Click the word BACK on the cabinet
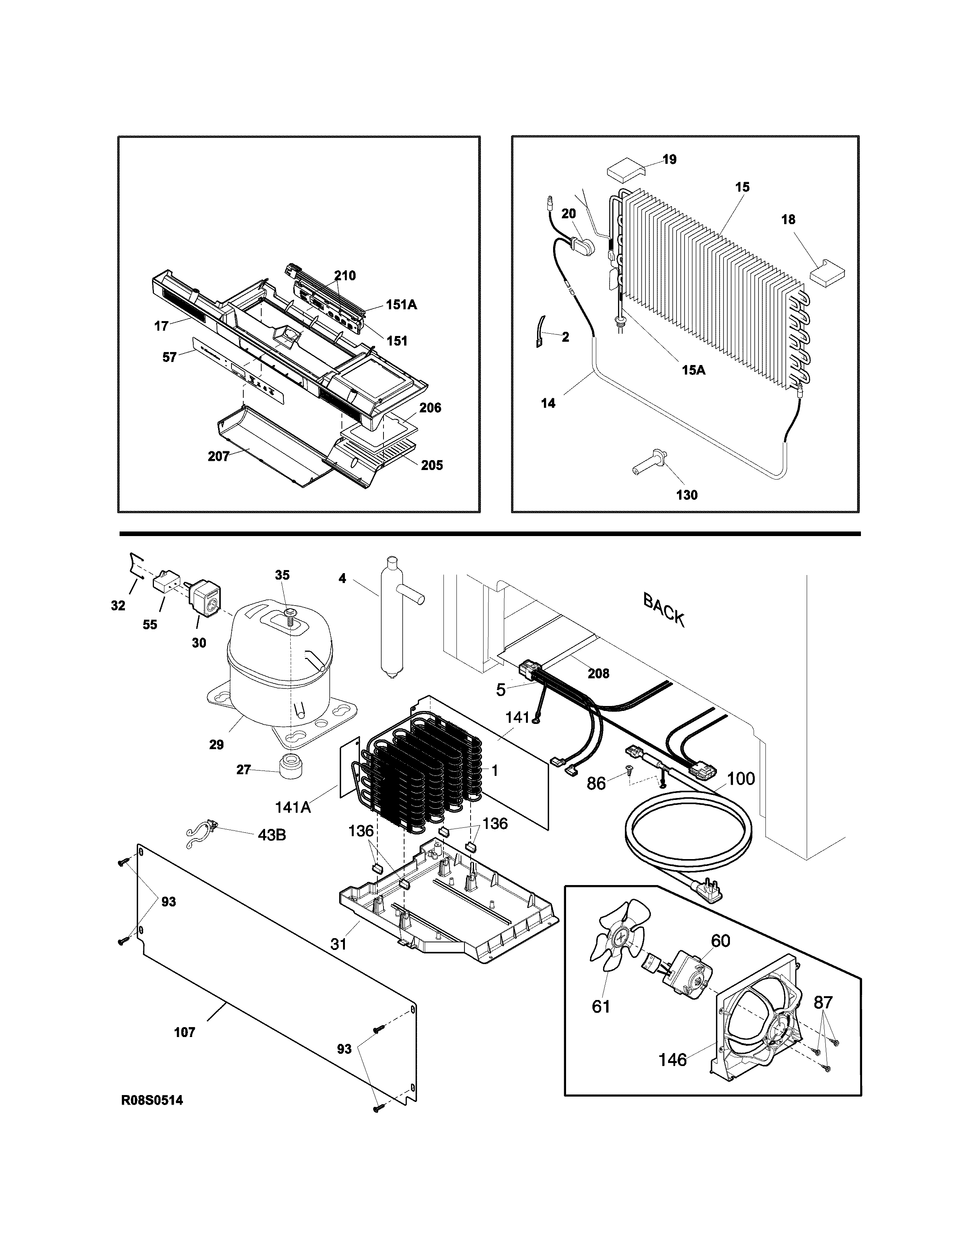tap(663, 611)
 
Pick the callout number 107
tap(184, 1032)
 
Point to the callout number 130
tap(687, 494)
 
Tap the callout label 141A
tap(293, 806)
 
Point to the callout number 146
tap(673, 1059)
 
